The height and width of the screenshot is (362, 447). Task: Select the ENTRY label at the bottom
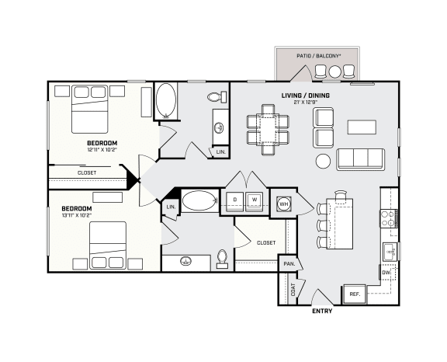[323, 311]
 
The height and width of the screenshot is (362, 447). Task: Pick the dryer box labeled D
[234, 200]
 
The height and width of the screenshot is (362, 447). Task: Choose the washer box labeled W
[253, 200]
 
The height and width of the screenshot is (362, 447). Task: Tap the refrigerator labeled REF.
[354, 294]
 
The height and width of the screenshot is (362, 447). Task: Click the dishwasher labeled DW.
[386, 273]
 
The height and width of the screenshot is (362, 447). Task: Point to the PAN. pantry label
[289, 264]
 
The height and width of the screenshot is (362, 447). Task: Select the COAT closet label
[293, 290]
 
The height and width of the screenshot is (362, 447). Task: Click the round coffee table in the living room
[323, 162]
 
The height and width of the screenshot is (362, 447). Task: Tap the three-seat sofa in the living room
[361, 158]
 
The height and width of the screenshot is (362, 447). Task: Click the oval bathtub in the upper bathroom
[166, 101]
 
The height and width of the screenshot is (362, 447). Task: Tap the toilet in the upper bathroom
[217, 97]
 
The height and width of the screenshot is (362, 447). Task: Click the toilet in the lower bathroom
[223, 257]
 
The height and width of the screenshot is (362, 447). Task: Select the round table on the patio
[335, 71]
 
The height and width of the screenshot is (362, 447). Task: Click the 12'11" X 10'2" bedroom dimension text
[102, 151]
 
